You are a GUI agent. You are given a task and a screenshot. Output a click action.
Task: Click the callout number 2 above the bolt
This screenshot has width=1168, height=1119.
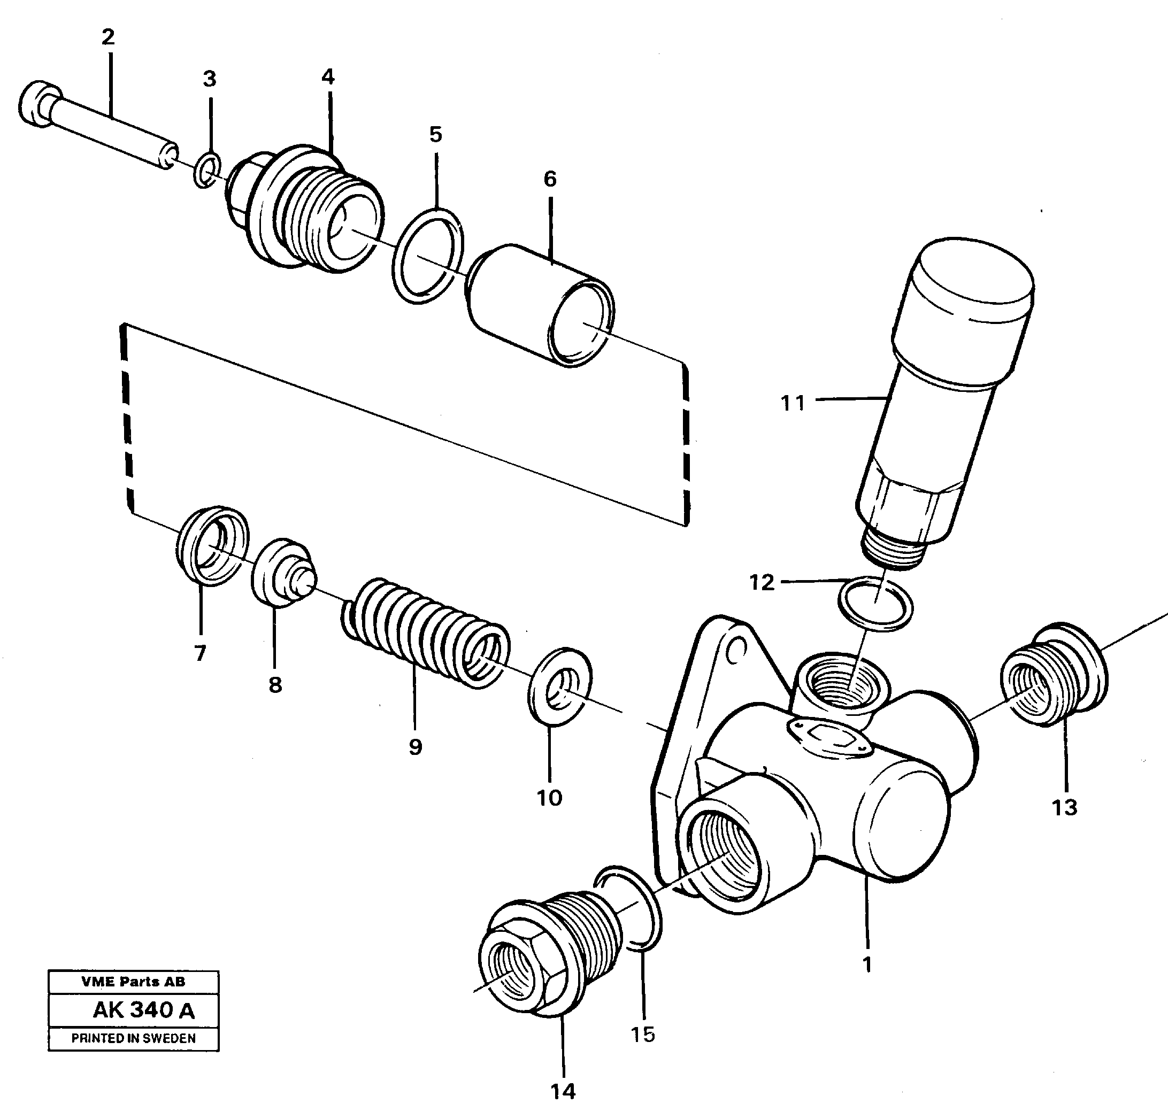pos(108,37)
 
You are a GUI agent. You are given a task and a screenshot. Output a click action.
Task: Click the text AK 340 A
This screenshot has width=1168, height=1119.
pos(144,1010)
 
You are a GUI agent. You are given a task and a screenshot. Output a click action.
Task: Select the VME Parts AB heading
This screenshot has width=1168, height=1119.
pos(134,982)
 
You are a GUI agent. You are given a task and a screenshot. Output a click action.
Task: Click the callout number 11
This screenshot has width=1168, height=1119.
pos(792,404)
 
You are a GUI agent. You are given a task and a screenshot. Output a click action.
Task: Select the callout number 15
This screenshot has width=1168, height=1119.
pos(642,1035)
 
